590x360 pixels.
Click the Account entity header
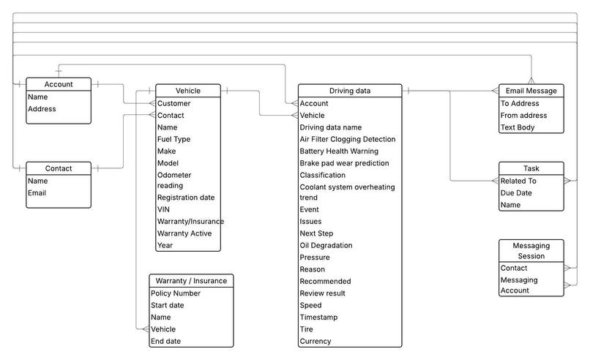tap(59, 84)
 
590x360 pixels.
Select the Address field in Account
tap(42, 109)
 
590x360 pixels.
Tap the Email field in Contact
tap(37, 193)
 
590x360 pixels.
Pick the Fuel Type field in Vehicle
tap(173, 139)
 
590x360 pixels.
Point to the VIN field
tap(163, 209)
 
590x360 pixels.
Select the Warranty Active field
tap(184, 233)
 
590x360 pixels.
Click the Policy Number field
tap(176, 293)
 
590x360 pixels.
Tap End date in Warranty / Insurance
tap(165, 341)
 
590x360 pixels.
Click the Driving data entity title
tap(349, 91)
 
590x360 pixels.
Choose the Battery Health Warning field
tap(339, 151)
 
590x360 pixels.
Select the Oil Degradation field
tap(326, 245)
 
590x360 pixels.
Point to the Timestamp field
tap(319, 318)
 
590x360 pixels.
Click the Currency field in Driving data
tap(315, 341)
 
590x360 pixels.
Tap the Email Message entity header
tap(531, 91)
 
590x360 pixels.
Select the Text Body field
tap(518, 127)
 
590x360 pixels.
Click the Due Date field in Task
tap(516, 193)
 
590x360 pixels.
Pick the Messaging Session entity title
tap(531, 251)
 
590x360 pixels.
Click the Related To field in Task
tap(518, 181)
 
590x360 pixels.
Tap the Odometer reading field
tap(174, 180)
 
